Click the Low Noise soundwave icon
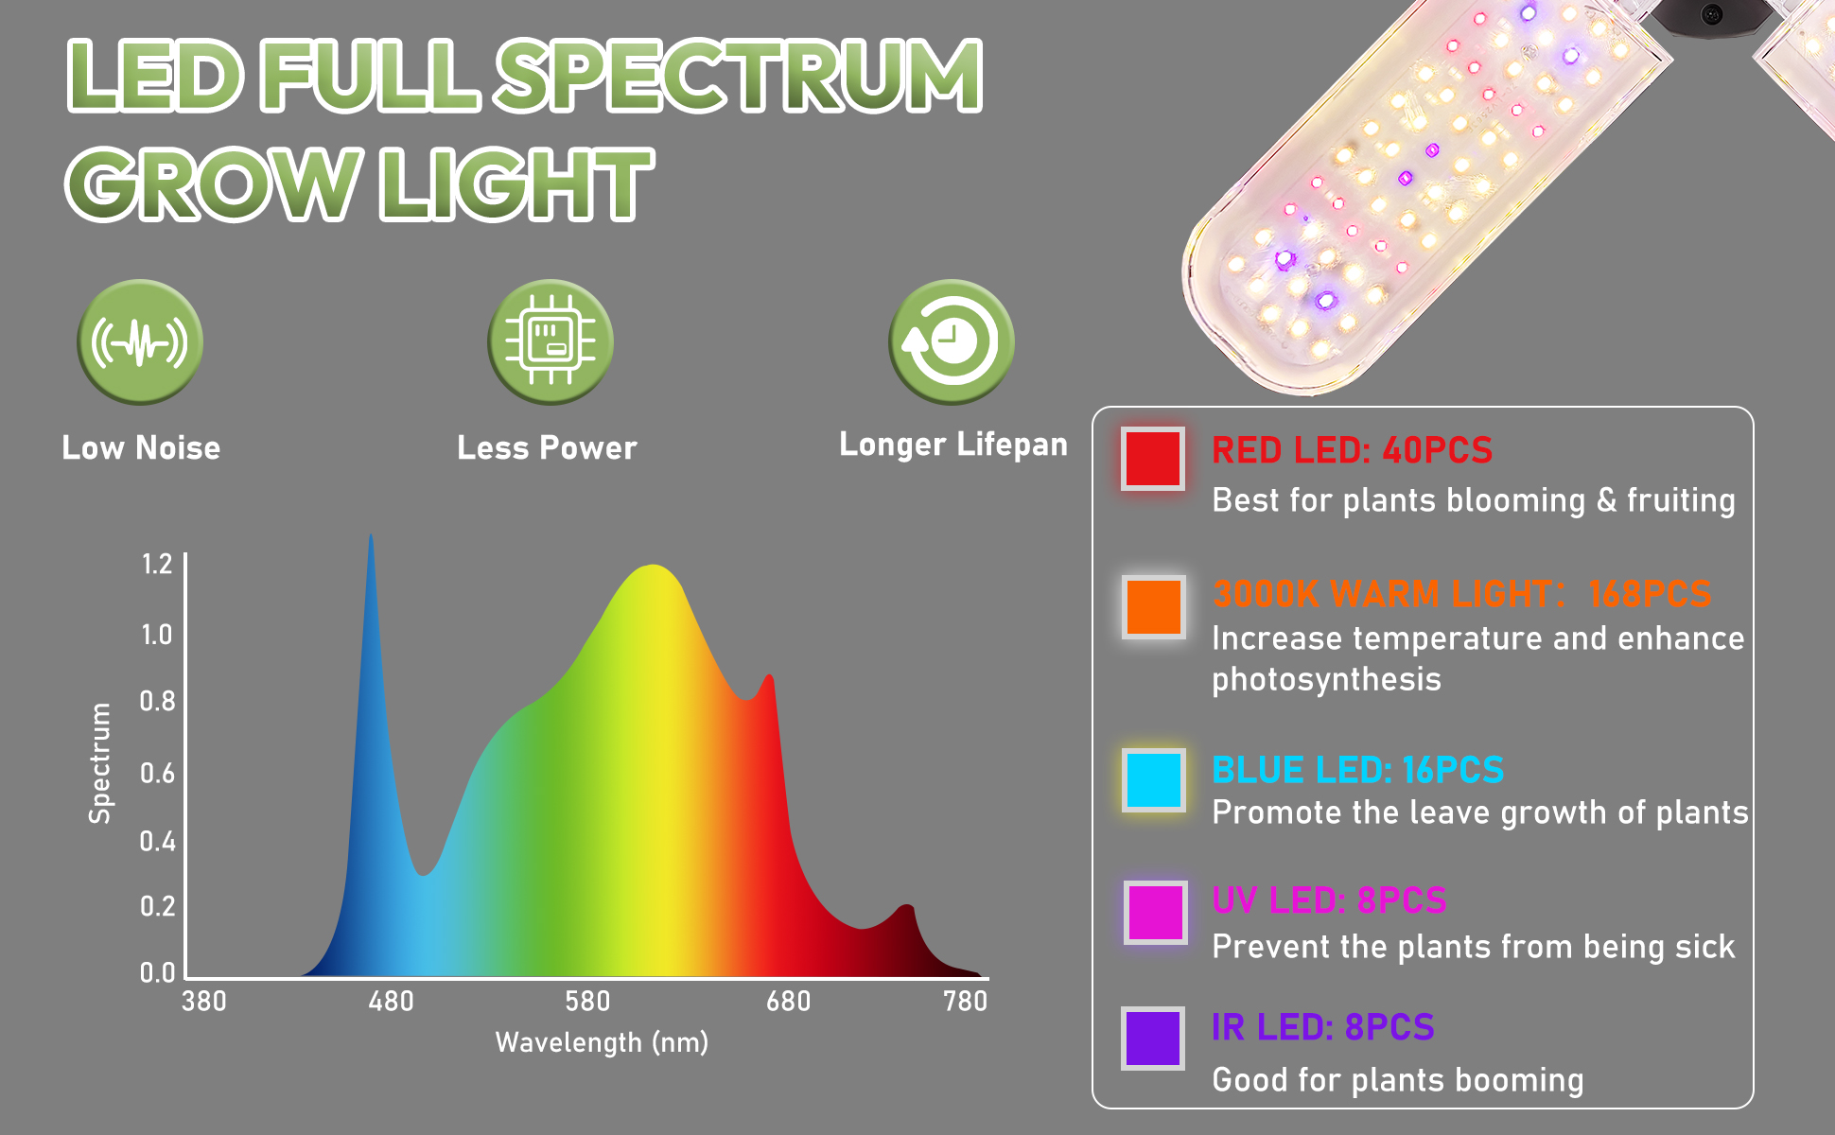(x=140, y=341)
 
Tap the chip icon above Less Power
(x=550, y=341)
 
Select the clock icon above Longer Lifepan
(x=952, y=341)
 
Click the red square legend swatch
(x=1153, y=459)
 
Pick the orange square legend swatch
(x=1154, y=607)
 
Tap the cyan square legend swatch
(x=1154, y=780)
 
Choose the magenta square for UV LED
(x=1155, y=913)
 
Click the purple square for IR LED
(x=1153, y=1039)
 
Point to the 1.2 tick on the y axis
(x=157, y=565)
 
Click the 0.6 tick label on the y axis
(x=157, y=774)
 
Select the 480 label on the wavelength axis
(x=391, y=1001)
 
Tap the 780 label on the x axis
(x=965, y=1001)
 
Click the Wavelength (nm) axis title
(x=602, y=1042)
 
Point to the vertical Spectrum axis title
(x=99, y=763)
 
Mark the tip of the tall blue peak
(x=371, y=534)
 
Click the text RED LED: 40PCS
(x=1352, y=450)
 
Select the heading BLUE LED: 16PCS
(x=1357, y=770)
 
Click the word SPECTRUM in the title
(x=740, y=76)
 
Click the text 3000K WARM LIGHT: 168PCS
(x=1461, y=594)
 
